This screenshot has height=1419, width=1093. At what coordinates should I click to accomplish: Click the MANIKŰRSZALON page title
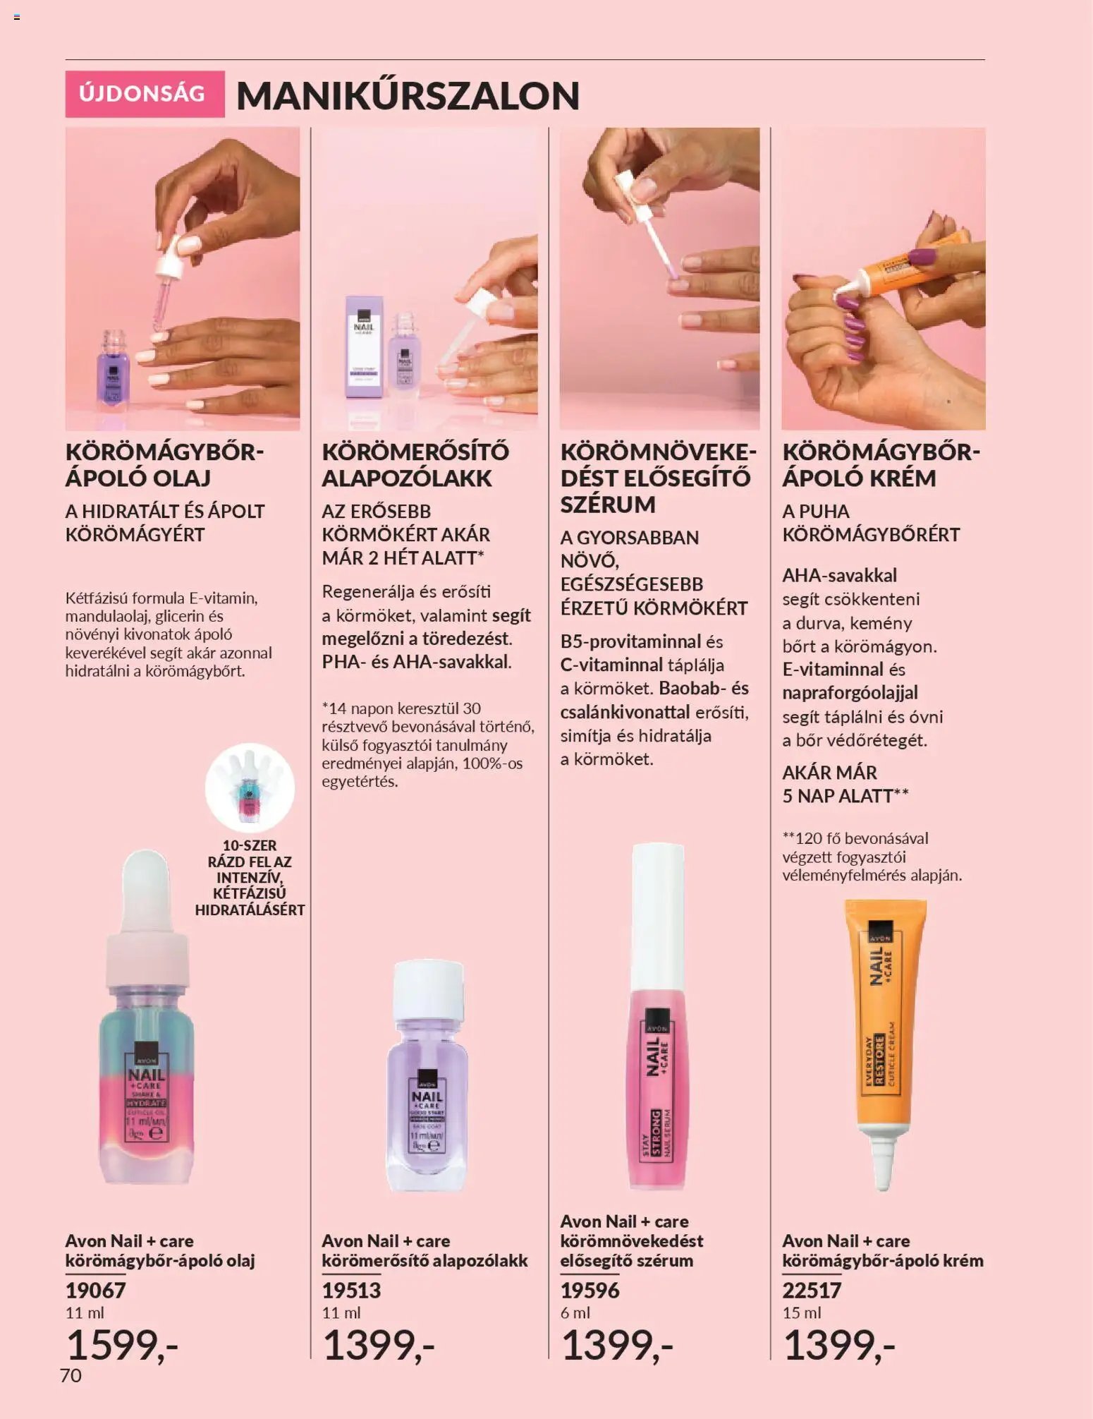408,95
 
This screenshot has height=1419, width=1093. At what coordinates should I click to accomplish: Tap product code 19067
95,1290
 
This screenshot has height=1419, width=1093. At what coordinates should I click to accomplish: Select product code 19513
351,1290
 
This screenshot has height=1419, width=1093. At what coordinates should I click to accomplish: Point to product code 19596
590,1290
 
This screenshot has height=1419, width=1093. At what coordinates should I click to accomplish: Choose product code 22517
812,1290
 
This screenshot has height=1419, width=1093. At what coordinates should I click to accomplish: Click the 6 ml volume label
575,1312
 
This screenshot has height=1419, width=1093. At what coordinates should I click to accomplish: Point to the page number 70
71,1375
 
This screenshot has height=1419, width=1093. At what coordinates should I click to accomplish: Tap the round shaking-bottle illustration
250,787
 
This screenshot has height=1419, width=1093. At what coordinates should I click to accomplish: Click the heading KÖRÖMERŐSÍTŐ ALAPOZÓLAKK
415,465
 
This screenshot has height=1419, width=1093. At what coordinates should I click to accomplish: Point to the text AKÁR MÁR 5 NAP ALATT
845,784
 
